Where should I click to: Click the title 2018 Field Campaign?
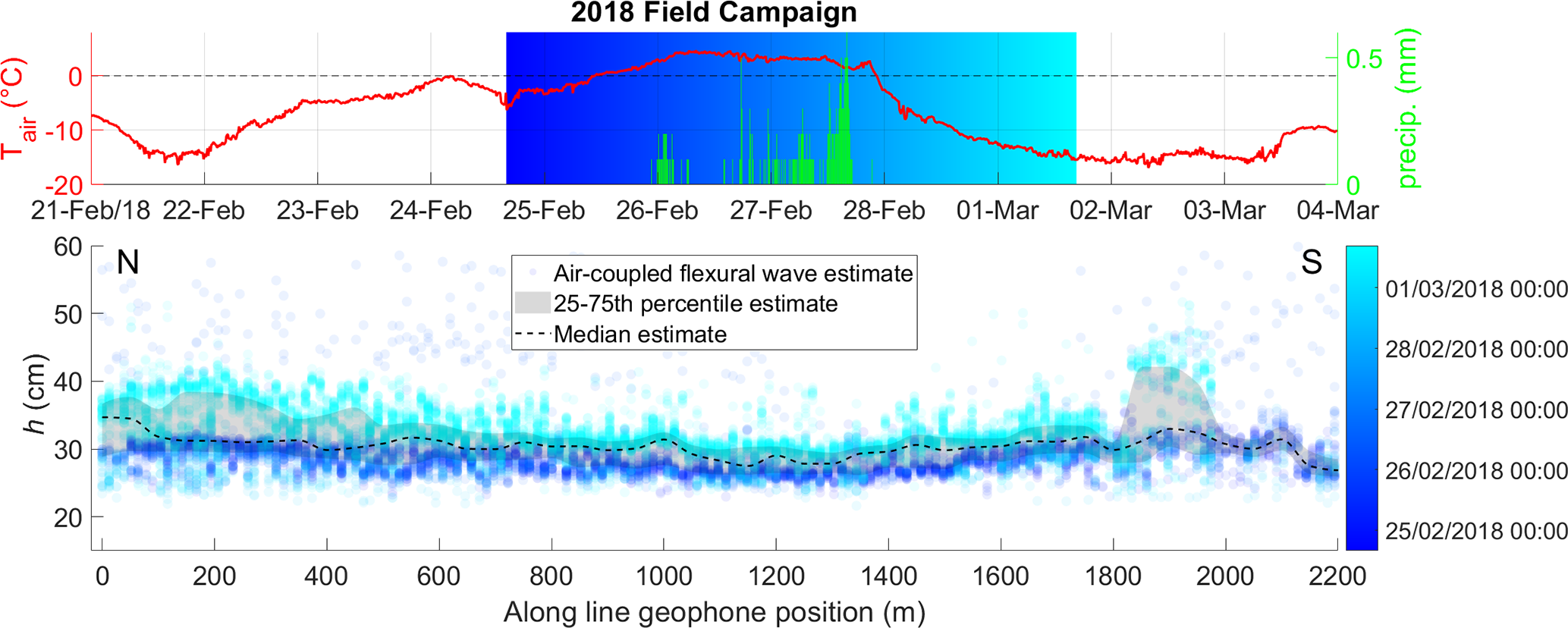pos(713,12)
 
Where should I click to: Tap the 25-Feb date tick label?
pos(544,210)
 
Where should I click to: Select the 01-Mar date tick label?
pos(997,210)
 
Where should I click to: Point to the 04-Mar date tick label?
pos(1337,210)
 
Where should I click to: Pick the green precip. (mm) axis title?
pos(1407,108)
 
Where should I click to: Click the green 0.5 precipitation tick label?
pos(1364,59)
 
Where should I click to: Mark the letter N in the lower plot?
pos(127,262)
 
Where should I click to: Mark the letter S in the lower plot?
pos(1312,262)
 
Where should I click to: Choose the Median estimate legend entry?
pos(639,334)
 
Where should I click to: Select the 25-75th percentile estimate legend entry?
pos(695,303)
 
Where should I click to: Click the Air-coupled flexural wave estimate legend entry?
pos(732,273)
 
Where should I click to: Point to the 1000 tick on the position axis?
pos(664,576)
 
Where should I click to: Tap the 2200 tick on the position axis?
pos(1337,576)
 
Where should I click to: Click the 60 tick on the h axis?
pos(68,246)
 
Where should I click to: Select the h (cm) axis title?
pos(33,394)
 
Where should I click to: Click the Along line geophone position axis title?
pos(714,612)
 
